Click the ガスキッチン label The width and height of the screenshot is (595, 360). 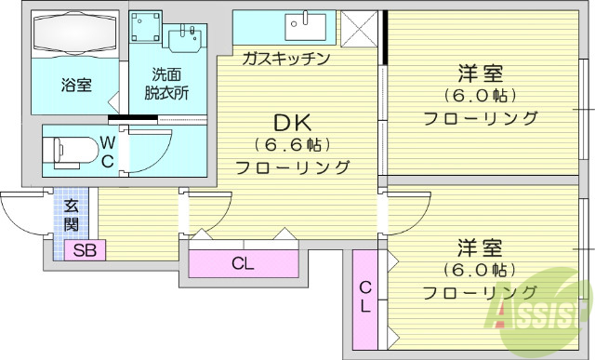tap(285, 59)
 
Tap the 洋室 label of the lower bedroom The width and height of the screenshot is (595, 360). tap(481, 248)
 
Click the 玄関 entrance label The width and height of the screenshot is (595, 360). tap(71, 216)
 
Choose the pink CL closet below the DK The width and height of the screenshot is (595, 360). tap(243, 262)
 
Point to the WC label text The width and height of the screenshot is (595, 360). tap(108, 151)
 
